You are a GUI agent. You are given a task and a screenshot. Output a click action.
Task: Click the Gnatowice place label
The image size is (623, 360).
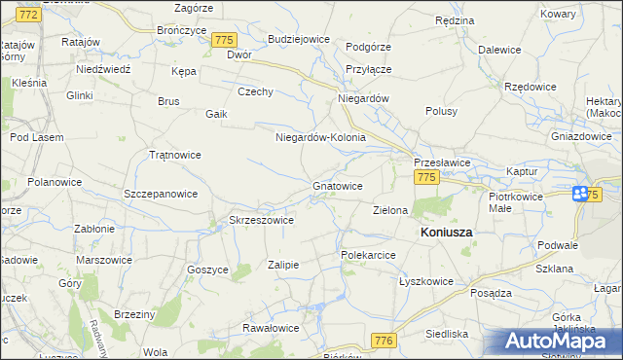tap(338, 185)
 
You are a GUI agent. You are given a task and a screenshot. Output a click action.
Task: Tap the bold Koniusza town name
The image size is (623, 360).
tap(446, 234)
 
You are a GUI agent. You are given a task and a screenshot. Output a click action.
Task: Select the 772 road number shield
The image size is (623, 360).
tap(29, 15)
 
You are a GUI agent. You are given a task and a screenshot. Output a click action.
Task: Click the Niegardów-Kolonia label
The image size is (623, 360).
tap(320, 137)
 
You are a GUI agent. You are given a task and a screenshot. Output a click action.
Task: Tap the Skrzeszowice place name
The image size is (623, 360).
tap(261, 220)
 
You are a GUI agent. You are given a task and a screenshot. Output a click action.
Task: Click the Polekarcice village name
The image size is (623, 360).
tap(367, 254)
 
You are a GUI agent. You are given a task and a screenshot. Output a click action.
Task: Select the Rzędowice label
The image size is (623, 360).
tap(531, 86)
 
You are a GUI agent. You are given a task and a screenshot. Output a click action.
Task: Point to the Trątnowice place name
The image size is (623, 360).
tap(174, 155)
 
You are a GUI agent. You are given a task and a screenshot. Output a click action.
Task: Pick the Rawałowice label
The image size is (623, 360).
tap(271, 328)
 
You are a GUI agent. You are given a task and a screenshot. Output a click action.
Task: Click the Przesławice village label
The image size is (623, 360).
tap(443, 162)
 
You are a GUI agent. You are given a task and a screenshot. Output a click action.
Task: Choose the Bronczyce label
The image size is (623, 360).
tap(181, 30)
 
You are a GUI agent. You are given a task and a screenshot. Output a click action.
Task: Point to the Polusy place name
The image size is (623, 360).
tap(441, 111)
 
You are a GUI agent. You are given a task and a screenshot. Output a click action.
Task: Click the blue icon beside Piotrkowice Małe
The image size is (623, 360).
tap(581, 194)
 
